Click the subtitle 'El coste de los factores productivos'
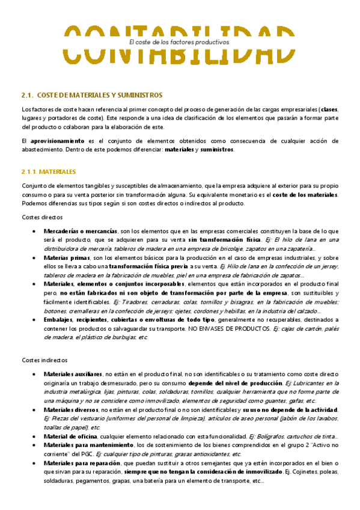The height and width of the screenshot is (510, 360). coord(179,43)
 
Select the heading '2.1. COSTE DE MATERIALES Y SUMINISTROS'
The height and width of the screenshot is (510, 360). coord(92,96)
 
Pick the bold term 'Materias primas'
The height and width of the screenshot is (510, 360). coord(67,257)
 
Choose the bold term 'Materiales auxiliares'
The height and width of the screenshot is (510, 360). coord(73,374)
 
